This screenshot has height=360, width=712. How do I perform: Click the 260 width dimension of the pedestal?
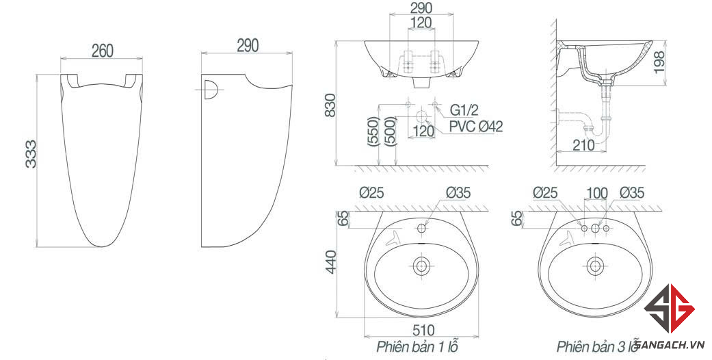tap(102, 51)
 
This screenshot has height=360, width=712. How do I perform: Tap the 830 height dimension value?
tap(330, 105)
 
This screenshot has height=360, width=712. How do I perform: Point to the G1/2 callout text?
tap(464, 110)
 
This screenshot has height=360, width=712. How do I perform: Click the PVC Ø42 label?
tap(476, 127)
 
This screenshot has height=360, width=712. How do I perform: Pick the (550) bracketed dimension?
tap(373, 131)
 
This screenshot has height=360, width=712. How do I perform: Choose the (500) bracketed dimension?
tap(391, 131)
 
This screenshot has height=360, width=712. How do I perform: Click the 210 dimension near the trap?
tap(583, 145)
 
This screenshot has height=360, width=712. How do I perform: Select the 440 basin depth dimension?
tap(330, 262)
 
